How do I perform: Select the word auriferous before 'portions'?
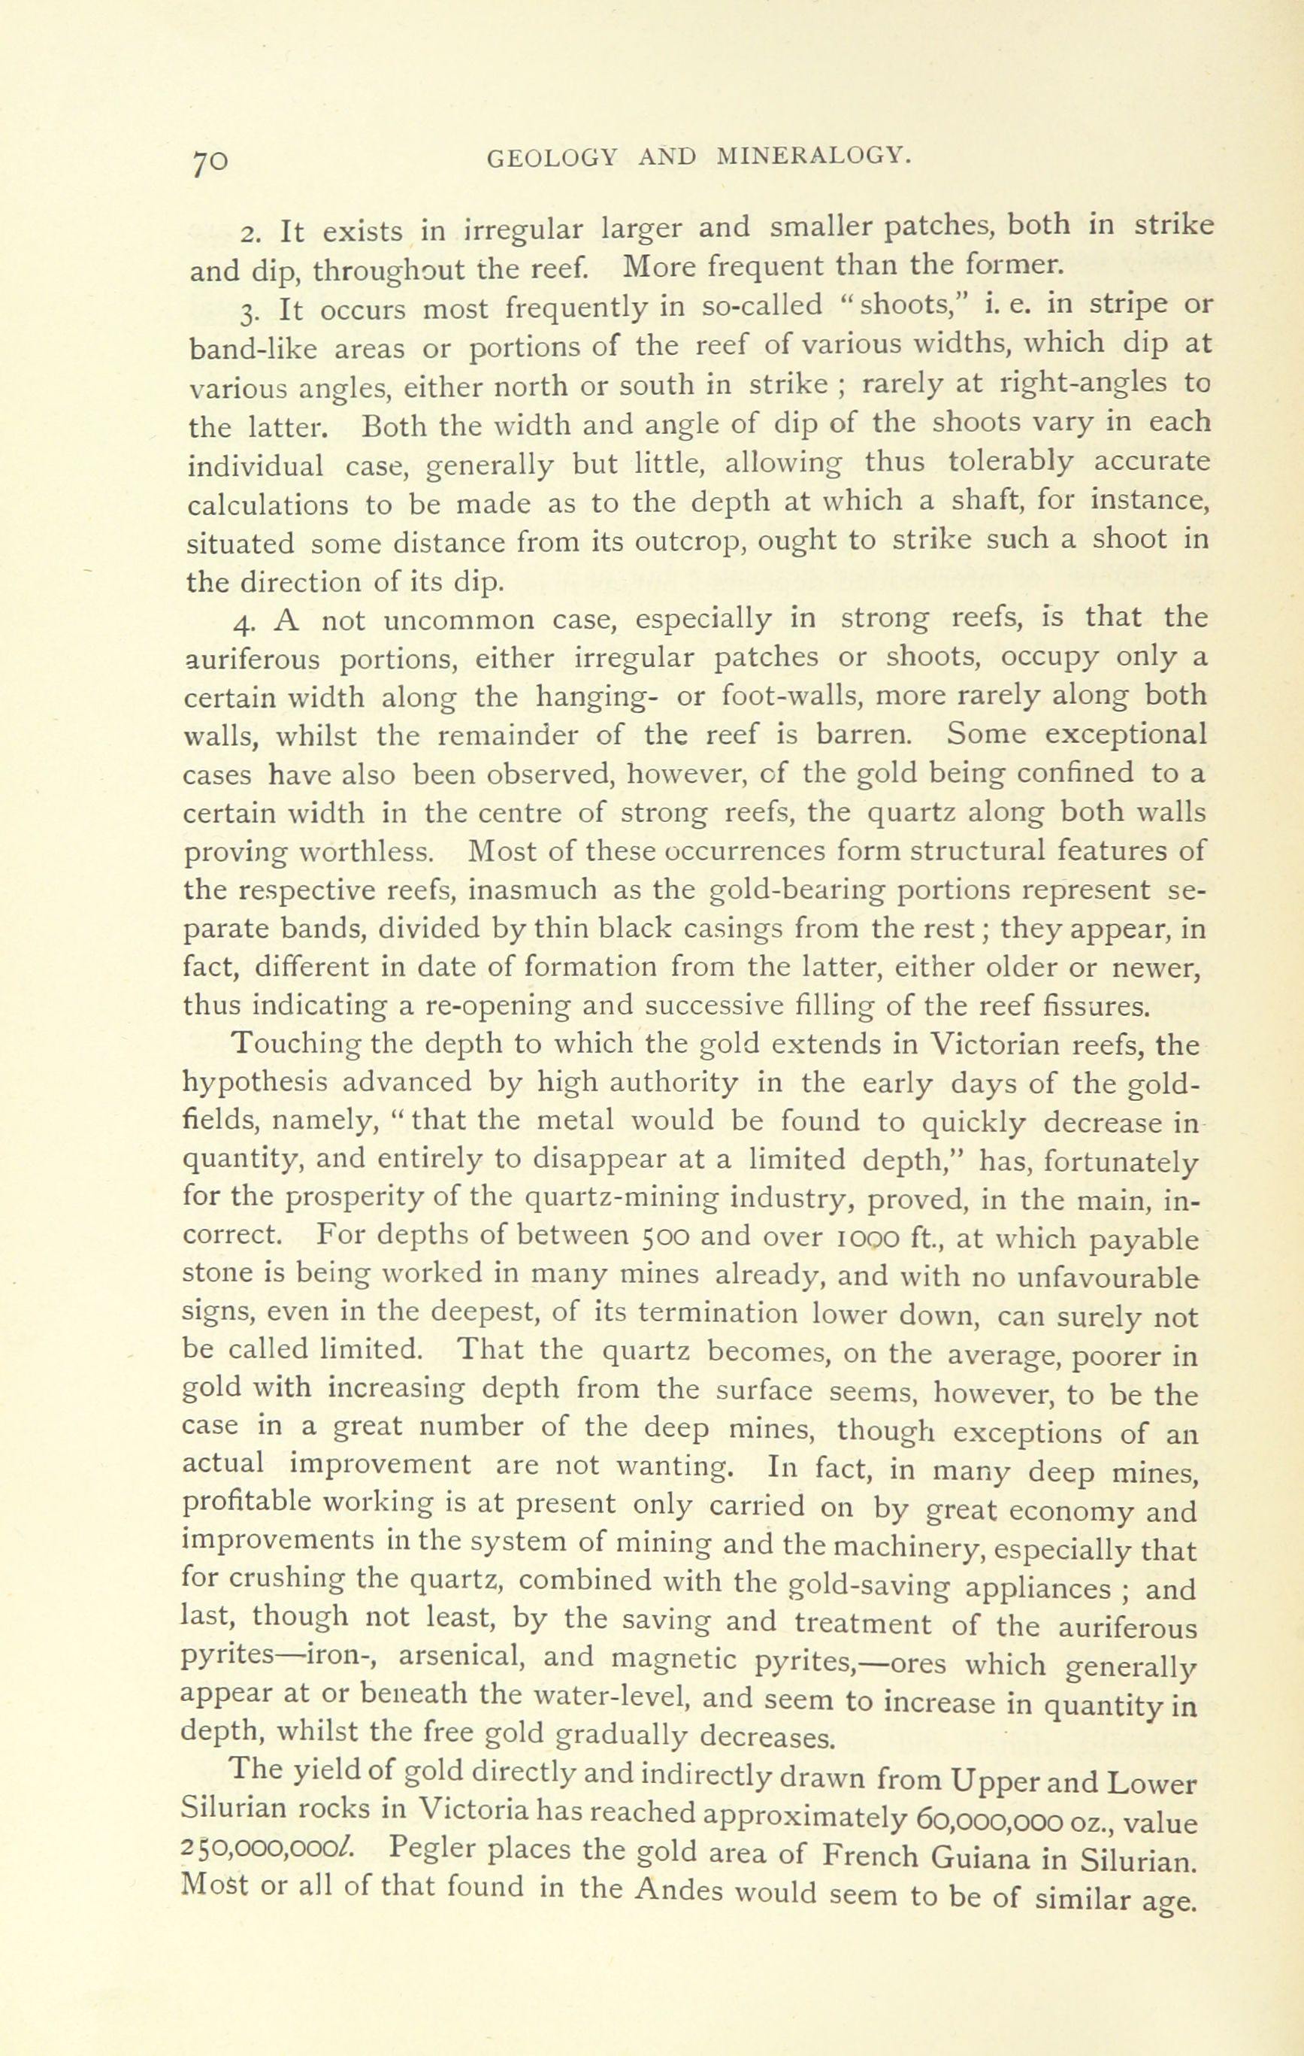pos(252,660)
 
